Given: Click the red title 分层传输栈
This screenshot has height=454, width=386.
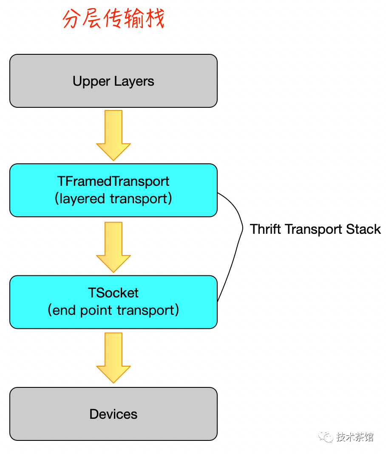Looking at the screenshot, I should pyautogui.click(x=114, y=19).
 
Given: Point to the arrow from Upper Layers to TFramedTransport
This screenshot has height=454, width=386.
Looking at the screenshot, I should pyautogui.click(x=114, y=135).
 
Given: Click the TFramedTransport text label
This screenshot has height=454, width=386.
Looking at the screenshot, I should pyautogui.click(x=114, y=181).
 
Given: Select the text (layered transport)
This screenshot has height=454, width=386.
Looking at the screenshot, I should pyautogui.click(x=114, y=199).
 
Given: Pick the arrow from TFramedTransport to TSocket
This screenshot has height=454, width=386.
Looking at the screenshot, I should pyautogui.click(x=114, y=247).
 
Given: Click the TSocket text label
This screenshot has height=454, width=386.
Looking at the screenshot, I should pyautogui.click(x=114, y=293).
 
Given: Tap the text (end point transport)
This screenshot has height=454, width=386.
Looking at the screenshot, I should pyautogui.click(x=114, y=310).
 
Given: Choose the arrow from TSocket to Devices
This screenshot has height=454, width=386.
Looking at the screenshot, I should pyautogui.click(x=114, y=358).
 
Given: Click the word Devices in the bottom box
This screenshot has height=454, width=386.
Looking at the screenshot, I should pyautogui.click(x=114, y=414).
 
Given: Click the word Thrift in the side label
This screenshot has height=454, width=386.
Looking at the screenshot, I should pyautogui.click(x=266, y=229).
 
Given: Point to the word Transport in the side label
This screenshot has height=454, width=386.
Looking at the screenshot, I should pyautogui.click(x=314, y=229).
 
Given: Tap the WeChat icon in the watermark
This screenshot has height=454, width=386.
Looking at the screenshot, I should pyautogui.click(x=326, y=437).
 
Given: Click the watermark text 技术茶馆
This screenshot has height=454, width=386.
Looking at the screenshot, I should pyautogui.click(x=355, y=437).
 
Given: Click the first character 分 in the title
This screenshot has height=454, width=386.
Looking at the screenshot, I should pyautogui.click(x=72, y=19).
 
